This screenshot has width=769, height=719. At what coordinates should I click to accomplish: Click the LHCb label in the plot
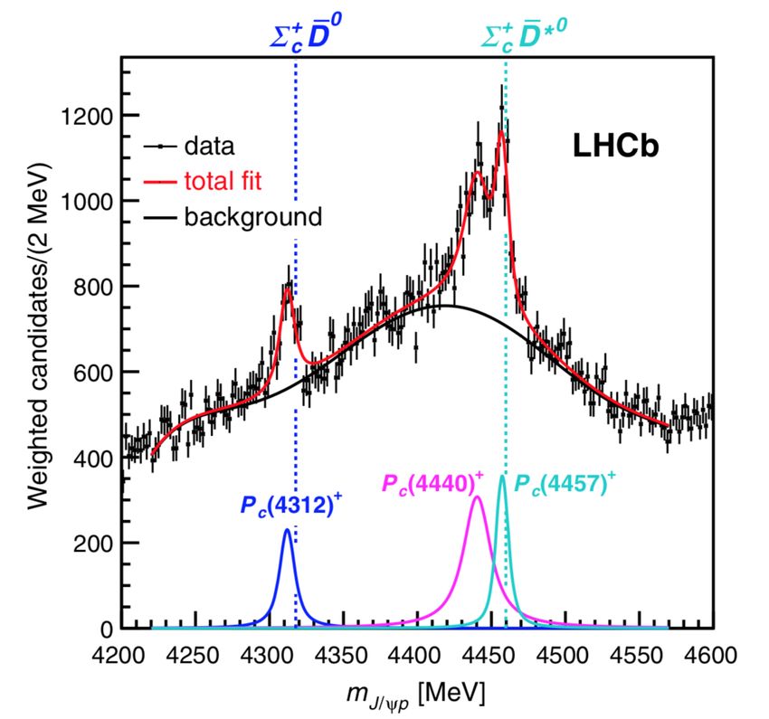(x=614, y=147)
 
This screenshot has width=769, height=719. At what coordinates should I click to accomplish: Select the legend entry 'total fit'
(x=222, y=181)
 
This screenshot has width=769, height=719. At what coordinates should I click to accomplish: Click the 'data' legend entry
(x=209, y=145)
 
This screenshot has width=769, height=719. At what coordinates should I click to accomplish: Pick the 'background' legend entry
(x=252, y=217)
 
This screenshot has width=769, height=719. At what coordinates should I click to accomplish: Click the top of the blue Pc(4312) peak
(x=287, y=529)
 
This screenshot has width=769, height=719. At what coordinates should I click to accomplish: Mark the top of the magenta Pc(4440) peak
(x=478, y=497)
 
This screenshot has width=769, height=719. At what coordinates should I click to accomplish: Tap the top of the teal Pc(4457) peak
(x=503, y=476)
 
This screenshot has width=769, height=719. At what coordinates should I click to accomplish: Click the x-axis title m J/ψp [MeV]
(x=416, y=694)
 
